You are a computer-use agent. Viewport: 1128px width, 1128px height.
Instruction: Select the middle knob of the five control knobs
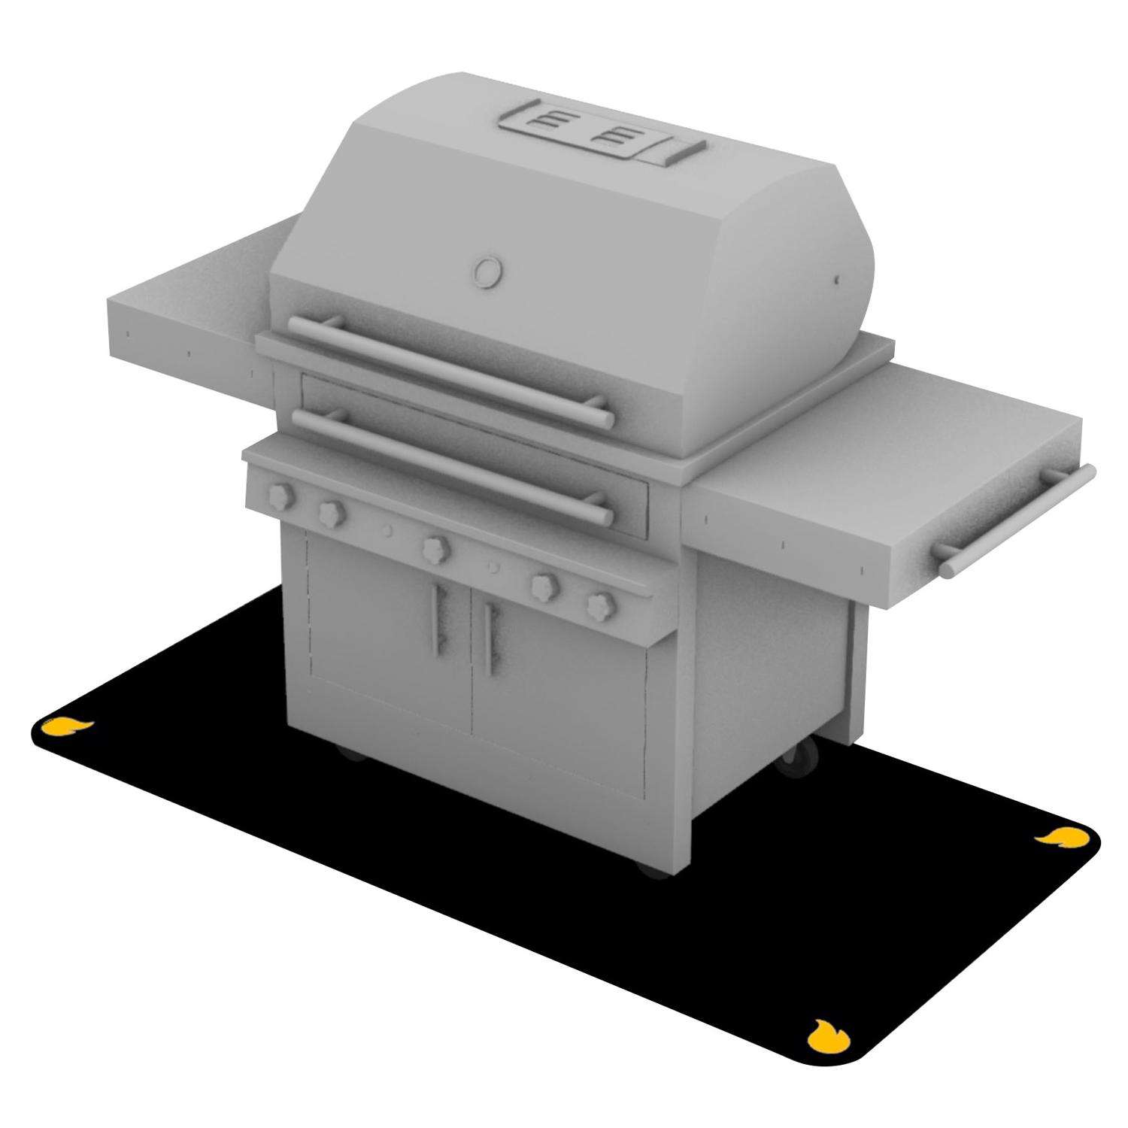(x=435, y=547)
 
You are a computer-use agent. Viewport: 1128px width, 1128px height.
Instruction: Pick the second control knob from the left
(x=329, y=514)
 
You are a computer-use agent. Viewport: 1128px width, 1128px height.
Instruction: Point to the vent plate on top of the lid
(x=602, y=136)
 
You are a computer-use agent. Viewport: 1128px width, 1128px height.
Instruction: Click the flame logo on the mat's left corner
(x=66, y=726)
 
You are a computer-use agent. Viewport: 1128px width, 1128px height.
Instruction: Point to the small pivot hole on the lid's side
(x=837, y=280)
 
